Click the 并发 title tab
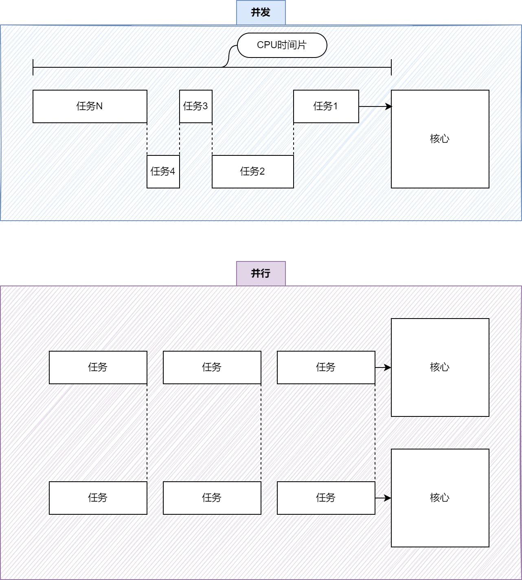coord(261,12)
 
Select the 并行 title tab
coord(261,274)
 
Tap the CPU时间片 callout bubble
coord(282,45)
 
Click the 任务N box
coord(90,106)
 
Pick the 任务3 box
coord(196,106)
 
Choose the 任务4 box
coord(163,172)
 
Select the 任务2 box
coord(252,172)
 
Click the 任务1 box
coord(326,106)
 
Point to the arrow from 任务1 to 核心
coord(375,106)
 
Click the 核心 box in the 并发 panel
coord(440,139)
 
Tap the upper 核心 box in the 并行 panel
coord(440,367)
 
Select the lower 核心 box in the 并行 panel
coord(440,498)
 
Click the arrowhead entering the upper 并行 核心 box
coord(388,367)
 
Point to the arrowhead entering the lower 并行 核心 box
coord(388,498)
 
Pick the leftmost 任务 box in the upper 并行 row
coord(98,367)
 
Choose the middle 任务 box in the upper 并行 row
coord(212,367)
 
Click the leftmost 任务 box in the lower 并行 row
coord(98,498)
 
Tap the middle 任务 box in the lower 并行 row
coord(212,498)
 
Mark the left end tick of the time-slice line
coord(33,67)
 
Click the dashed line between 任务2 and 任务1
coord(294,139)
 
